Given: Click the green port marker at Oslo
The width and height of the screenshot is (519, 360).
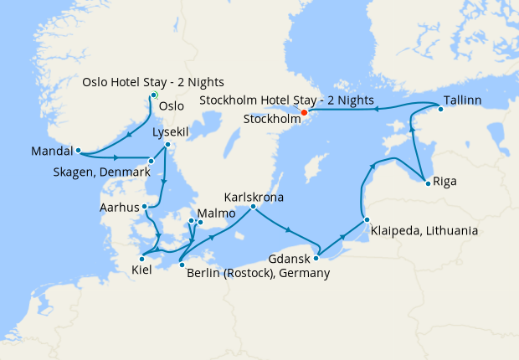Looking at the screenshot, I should [x=154, y=95].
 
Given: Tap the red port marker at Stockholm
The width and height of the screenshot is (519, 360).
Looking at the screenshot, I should [x=304, y=112].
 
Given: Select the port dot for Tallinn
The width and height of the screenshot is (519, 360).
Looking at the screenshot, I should [x=440, y=110].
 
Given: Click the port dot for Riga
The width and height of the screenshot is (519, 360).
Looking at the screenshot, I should [x=428, y=183].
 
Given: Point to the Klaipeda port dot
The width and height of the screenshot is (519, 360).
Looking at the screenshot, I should [x=367, y=220].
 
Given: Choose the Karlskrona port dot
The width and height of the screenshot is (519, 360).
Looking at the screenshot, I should [x=254, y=206].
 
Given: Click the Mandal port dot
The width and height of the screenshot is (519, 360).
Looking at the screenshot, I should [x=78, y=152].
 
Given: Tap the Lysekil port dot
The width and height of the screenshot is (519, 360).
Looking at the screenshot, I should [x=167, y=145].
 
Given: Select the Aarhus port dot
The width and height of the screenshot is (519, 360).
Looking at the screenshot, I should [x=145, y=205].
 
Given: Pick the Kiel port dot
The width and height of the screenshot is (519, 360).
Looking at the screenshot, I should [x=141, y=259].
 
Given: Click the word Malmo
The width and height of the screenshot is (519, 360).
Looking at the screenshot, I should [x=211, y=213].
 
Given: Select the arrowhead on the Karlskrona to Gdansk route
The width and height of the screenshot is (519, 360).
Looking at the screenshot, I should [x=288, y=229].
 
